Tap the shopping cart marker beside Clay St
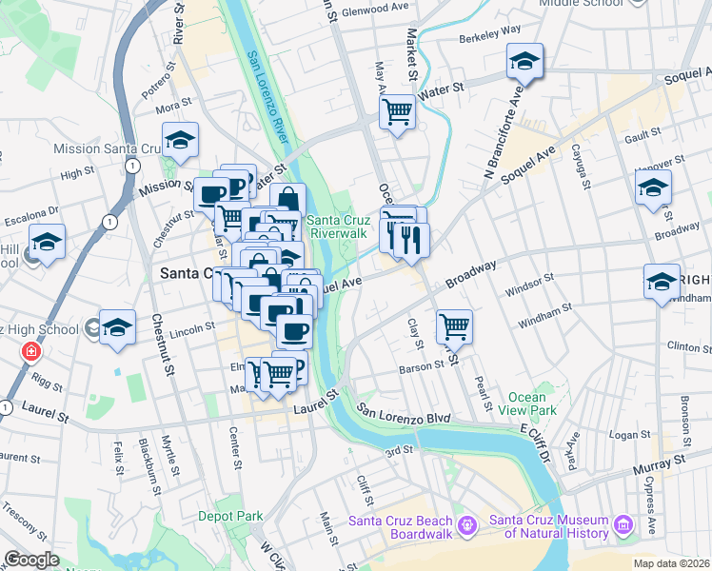click(455, 327)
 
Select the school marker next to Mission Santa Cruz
click(179, 141)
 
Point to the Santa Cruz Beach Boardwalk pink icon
click(466, 525)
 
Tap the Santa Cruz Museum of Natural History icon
click(623, 525)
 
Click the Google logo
click(31, 560)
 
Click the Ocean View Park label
click(527, 404)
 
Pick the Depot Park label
click(230, 516)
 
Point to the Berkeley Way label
click(489, 30)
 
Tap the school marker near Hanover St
click(653, 187)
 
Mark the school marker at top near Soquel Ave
click(524, 62)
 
